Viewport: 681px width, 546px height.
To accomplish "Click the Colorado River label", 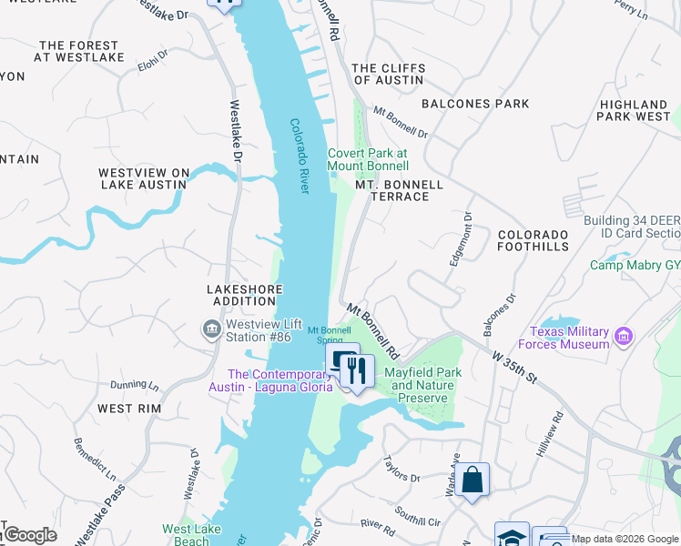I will [300, 156].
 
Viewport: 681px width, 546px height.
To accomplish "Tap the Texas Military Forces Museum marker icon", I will [624, 337].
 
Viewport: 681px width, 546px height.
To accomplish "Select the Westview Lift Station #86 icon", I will [211, 329].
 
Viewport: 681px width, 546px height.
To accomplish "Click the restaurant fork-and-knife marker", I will [357, 370].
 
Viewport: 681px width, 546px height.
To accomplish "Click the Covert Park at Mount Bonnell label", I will [368, 160].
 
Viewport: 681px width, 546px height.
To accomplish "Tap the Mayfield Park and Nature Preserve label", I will [422, 385].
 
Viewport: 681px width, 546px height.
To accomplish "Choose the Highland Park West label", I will [635, 111].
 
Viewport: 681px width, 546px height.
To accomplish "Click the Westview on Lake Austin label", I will [143, 178].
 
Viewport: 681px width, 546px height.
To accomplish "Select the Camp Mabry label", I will [635, 265].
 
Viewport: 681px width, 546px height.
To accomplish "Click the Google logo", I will [30, 535].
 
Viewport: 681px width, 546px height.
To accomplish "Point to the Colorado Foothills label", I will [533, 240].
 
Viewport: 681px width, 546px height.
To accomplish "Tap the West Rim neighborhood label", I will [128, 409].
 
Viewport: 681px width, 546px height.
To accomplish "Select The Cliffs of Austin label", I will [387, 74].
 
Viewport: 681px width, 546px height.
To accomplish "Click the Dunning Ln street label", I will [134, 386].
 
